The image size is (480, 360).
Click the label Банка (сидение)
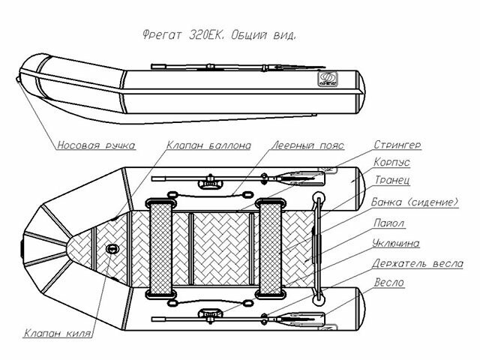point(414,202)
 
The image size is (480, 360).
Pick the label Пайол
point(388,223)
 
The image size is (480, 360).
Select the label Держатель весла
point(418,263)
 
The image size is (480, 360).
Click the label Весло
point(388,283)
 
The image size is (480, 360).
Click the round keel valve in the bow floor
point(113,248)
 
